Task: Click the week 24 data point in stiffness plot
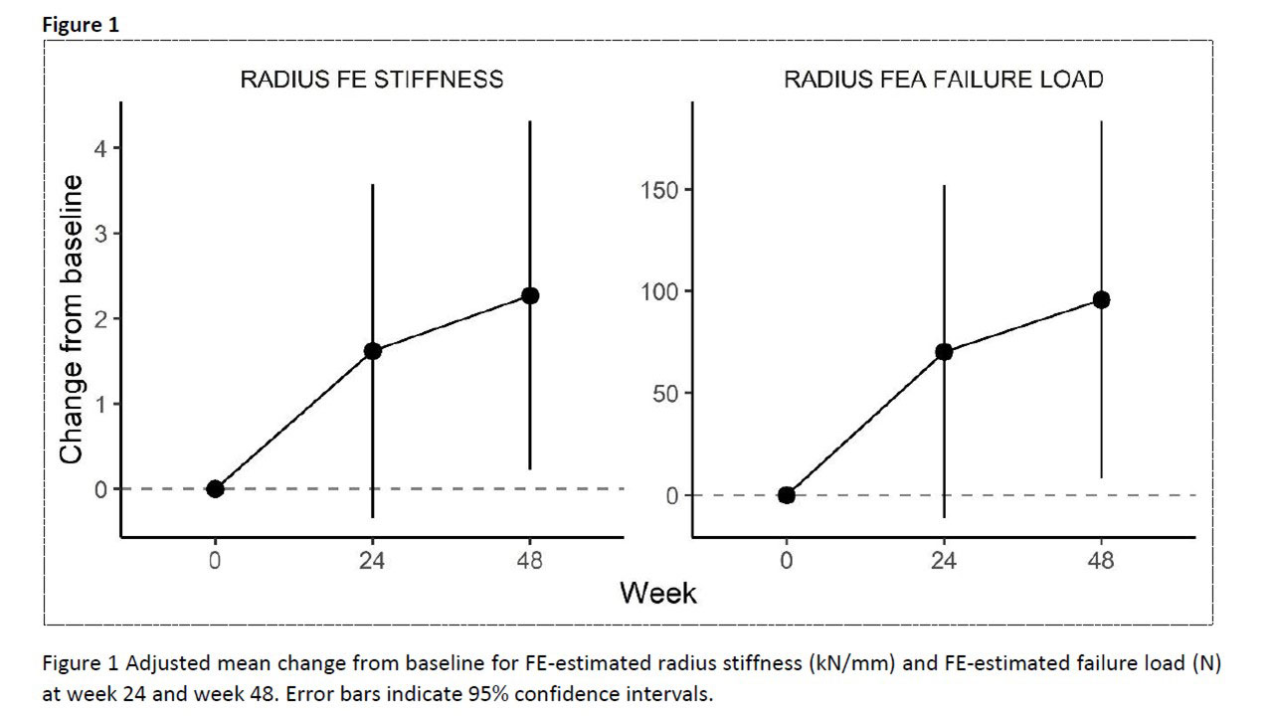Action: point(373,351)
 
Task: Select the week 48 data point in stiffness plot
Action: point(530,295)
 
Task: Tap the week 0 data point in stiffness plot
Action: point(215,488)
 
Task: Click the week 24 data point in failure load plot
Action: point(944,351)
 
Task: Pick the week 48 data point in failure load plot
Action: point(1101,299)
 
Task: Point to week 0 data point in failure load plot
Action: point(787,494)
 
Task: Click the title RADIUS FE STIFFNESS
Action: point(372,80)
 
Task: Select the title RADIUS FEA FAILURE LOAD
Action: point(944,80)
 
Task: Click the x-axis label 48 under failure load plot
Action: point(1101,562)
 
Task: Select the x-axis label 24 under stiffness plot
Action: point(373,562)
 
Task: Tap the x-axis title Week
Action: point(657,593)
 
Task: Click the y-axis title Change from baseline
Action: point(72,318)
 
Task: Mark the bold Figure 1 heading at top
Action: point(81,26)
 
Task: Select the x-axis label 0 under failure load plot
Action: point(787,562)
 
